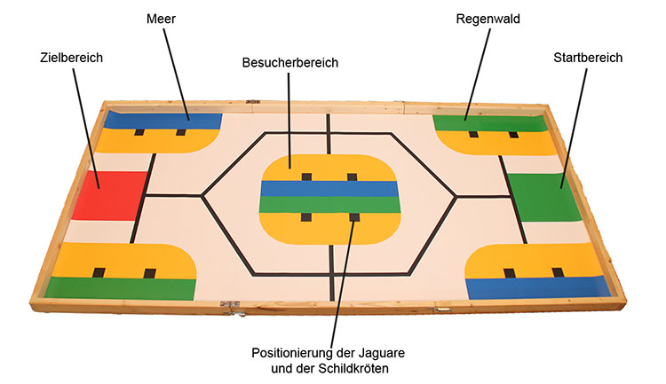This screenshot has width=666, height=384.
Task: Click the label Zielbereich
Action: (72, 57)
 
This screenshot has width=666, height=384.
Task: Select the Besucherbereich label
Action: (290, 64)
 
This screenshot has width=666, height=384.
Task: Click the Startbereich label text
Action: (587, 57)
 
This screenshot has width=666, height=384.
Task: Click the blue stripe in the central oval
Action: (329, 189)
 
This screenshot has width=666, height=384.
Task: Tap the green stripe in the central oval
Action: (329, 205)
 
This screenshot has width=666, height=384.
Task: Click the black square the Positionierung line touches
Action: (353, 217)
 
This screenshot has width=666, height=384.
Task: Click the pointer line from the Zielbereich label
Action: (84, 124)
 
